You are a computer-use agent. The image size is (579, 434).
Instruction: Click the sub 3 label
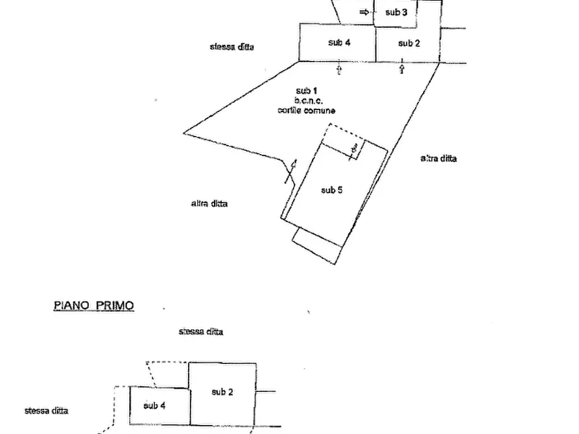click(396, 12)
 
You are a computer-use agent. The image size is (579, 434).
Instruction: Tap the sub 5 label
click(331, 190)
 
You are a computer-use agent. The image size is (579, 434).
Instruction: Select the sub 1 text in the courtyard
click(307, 91)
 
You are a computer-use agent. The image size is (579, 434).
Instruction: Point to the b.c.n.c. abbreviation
click(309, 100)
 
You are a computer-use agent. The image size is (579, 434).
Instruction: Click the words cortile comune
click(307, 110)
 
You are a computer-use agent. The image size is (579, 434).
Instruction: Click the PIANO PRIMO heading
click(94, 306)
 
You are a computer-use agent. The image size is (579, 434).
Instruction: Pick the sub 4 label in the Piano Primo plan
click(154, 405)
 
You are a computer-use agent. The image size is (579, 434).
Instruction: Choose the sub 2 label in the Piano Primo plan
click(222, 392)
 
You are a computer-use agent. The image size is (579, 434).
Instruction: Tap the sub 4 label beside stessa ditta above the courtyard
click(339, 43)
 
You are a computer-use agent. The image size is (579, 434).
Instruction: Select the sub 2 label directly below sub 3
click(408, 43)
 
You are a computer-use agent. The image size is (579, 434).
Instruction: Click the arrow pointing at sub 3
click(364, 12)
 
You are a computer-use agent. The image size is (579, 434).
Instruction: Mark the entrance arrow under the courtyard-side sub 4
click(339, 69)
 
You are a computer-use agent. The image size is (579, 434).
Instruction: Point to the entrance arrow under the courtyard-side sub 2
click(402, 69)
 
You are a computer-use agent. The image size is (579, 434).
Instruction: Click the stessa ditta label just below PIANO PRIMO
click(201, 332)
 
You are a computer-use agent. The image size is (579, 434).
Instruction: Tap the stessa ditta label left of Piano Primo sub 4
click(46, 411)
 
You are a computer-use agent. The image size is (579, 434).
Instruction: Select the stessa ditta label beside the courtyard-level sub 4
click(232, 47)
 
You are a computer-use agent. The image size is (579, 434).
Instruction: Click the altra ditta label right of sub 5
click(439, 158)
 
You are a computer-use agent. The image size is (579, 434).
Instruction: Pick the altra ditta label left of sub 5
click(209, 203)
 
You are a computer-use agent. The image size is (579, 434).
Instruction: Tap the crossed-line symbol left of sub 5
click(291, 172)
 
